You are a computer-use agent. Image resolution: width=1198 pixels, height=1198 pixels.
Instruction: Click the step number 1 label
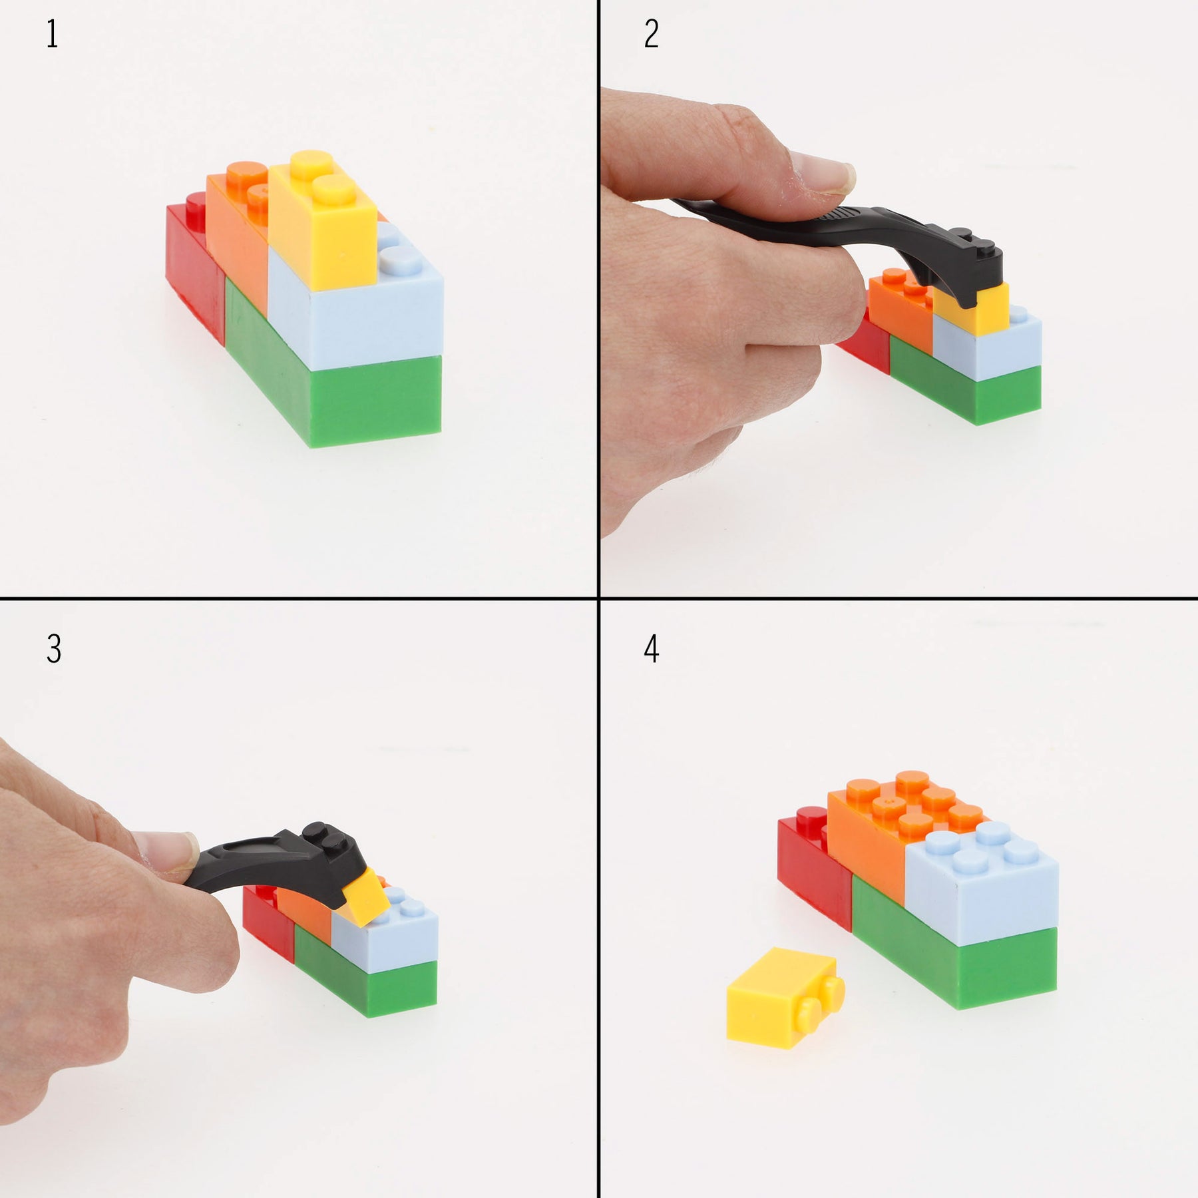tap(53, 35)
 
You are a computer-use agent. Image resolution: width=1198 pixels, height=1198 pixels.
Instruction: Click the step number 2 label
tap(652, 35)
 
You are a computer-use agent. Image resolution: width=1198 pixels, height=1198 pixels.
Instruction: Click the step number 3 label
tap(54, 649)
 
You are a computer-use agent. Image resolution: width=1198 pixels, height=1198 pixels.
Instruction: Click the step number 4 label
tap(652, 649)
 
